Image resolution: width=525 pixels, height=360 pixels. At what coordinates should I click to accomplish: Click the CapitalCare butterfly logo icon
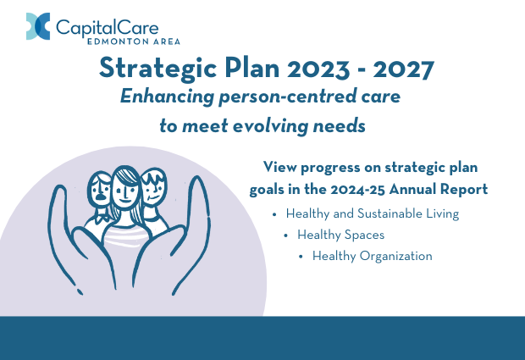(38, 26)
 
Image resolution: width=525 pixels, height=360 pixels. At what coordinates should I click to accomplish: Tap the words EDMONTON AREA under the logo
(134, 42)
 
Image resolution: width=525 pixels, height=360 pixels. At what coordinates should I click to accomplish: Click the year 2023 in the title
(318, 69)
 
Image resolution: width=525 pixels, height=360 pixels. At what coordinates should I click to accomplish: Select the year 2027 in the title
(404, 69)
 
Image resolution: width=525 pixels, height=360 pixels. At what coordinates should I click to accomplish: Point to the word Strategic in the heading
(158, 69)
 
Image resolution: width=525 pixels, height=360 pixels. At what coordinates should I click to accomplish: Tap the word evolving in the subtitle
(270, 126)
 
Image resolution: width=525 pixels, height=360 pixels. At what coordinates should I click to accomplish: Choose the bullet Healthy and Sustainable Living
(373, 213)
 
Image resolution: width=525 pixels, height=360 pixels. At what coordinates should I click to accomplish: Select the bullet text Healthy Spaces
(341, 235)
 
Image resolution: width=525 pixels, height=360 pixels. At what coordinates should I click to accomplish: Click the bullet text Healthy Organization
(373, 256)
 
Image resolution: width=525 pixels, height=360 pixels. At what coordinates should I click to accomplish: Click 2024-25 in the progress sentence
(357, 190)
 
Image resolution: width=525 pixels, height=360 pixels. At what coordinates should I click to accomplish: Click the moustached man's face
(100, 191)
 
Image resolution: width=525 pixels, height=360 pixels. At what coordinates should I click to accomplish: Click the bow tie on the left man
(103, 219)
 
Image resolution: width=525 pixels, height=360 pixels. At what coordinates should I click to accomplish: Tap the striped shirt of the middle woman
(124, 236)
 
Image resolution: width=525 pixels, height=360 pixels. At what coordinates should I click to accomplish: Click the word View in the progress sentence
(280, 167)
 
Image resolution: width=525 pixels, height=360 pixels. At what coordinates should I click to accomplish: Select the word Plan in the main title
(252, 68)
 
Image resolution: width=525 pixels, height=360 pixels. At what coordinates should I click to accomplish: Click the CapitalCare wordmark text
(108, 27)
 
